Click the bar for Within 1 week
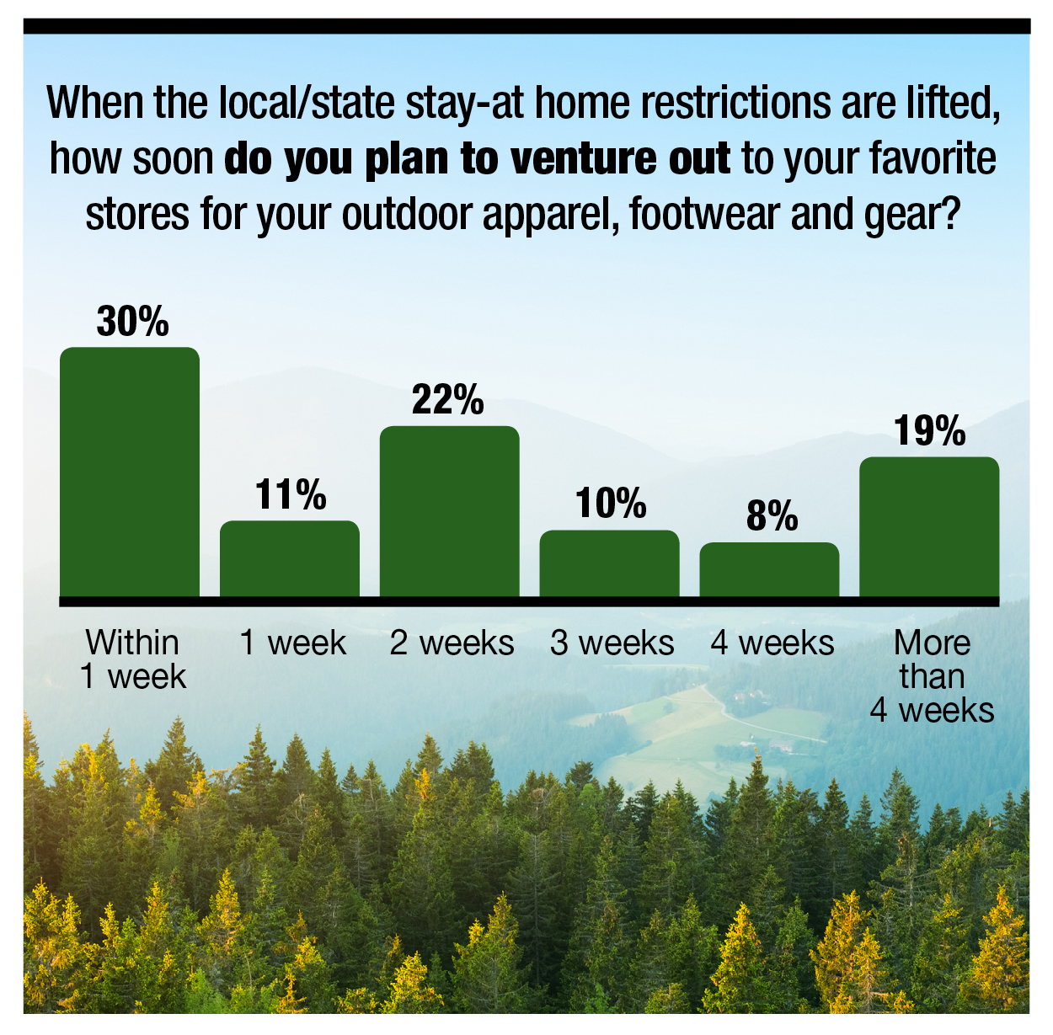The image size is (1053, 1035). click(x=130, y=472)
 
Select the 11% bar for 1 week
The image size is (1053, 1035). click(x=290, y=559)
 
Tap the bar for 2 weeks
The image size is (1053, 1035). click(x=449, y=511)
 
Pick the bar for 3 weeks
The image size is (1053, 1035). click(x=609, y=563)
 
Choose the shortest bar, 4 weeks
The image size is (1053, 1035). click(x=769, y=570)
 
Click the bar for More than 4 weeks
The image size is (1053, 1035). click(x=929, y=527)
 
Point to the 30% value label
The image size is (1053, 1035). click(x=132, y=322)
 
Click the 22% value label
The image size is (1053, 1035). click(x=447, y=399)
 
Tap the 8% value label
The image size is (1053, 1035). click(x=772, y=515)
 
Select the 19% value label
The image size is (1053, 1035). click(x=929, y=430)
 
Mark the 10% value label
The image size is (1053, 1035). click(x=611, y=503)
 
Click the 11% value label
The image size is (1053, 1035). click(x=290, y=494)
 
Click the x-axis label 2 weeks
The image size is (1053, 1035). click(x=452, y=643)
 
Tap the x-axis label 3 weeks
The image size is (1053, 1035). click(x=612, y=643)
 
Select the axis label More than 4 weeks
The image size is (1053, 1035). click(x=932, y=676)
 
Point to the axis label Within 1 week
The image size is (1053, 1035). click(x=133, y=659)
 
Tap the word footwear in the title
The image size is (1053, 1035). click(x=704, y=213)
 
